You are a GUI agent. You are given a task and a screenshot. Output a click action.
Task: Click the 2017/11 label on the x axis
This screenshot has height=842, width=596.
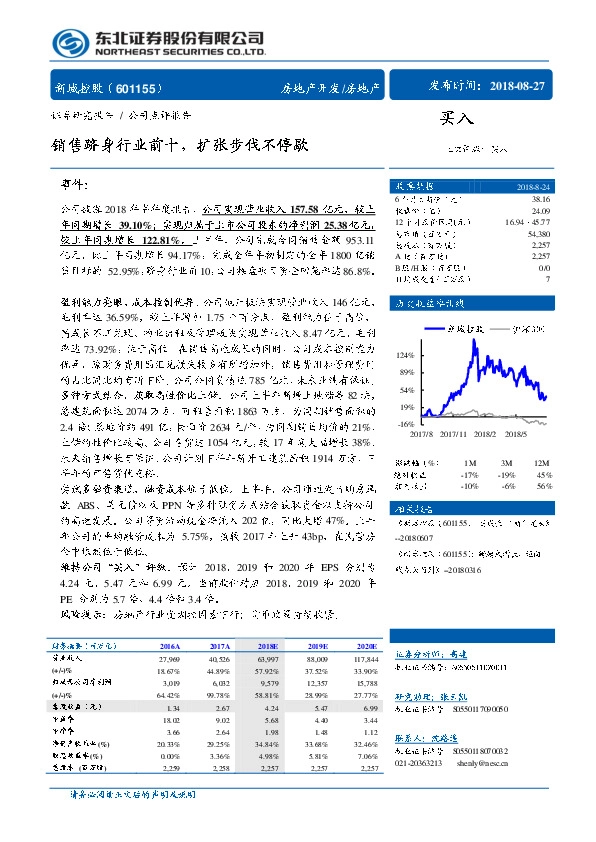(x=453, y=435)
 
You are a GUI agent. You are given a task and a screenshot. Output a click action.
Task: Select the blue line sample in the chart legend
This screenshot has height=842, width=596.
(x=436, y=327)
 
